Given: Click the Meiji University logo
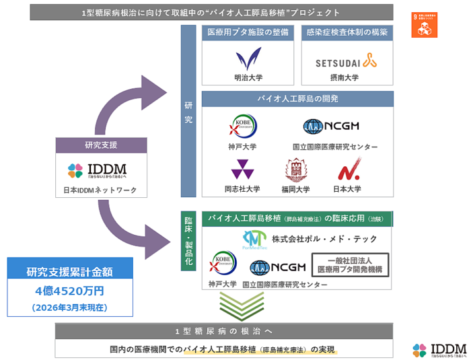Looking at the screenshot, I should click(x=247, y=60).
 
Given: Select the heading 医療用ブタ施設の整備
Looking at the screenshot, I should click(x=247, y=33).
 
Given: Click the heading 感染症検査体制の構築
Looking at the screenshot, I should click(x=347, y=33).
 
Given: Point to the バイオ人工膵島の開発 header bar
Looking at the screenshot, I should click(x=297, y=99).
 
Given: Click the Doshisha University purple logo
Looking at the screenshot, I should click(x=242, y=169).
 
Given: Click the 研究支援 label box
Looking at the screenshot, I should click(x=101, y=145).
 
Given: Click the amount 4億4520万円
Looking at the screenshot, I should click(x=69, y=291).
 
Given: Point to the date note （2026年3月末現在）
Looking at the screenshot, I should click(x=69, y=307).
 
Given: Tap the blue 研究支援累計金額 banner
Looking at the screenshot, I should click(x=69, y=272).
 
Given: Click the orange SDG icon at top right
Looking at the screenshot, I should click(x=424, y=24).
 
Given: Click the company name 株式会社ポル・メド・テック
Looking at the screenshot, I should click(x=324, y=239).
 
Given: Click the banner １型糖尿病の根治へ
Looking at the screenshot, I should click(x=224, y=331).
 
